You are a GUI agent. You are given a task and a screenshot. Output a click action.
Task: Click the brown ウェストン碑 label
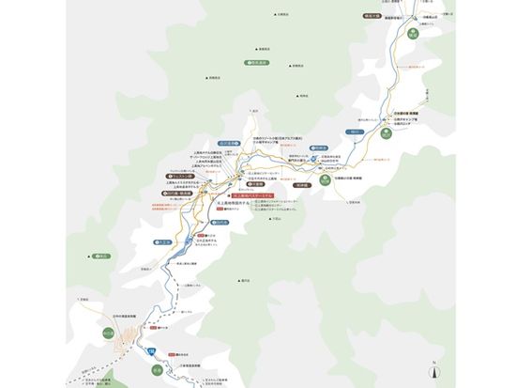point(203,175)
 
